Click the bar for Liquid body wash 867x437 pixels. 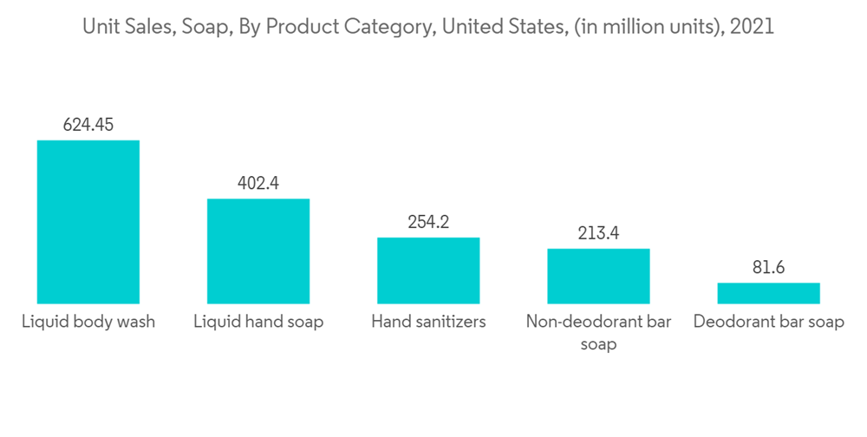pos(88,221)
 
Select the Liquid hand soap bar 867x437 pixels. pos(257,251)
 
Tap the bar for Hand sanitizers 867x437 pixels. pos(427,270)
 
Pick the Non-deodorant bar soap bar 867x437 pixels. pos(597,276)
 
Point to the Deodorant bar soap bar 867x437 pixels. pos(768,293)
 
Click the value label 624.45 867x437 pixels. pos(88,125)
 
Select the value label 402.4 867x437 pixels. pos(257,183)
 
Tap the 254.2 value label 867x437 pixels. pos(427,222)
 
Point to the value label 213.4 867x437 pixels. pos(597,233)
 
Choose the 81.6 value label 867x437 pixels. pos(768,267)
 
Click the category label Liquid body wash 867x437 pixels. pos(88,322)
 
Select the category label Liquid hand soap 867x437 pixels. pos(258,322)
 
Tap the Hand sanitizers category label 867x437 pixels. pos(428,322)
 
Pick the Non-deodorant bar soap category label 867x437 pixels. pos(597,332)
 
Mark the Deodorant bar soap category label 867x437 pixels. pos(768,322)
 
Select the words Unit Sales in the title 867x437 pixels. pos(125,27)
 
